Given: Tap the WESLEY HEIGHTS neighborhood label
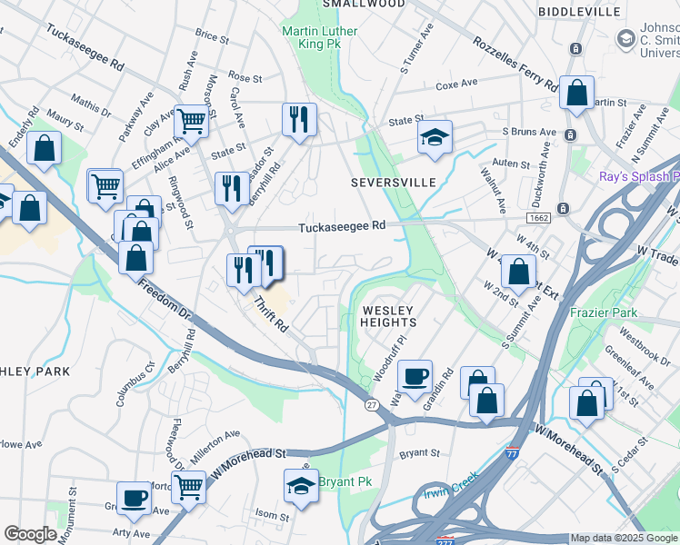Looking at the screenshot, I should [x=389, y=316].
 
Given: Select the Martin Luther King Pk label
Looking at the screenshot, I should [x=320, y=37].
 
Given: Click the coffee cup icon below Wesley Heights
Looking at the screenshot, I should [x=415, y=375].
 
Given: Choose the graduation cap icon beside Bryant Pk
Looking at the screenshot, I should [x=301, y=485].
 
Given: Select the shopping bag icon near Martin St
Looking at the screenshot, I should [x=576, y=92].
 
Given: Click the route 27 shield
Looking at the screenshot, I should [x=371, y=404].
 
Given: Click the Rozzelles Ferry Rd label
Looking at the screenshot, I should [x=515, y=64].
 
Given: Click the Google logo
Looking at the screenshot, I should [x=30, y=534].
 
